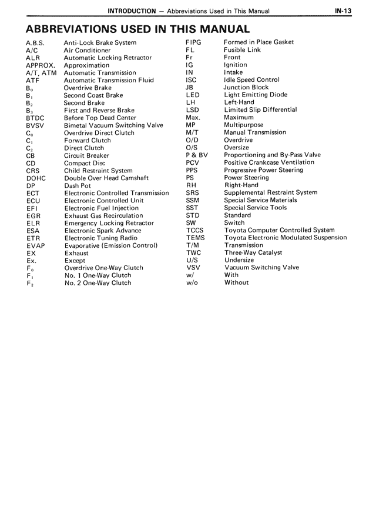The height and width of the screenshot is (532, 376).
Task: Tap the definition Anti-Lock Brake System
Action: tap(100, 43)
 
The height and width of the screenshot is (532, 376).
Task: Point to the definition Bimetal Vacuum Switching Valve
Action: tap(113, 125)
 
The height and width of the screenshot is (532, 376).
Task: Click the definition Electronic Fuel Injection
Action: tap(102, 208)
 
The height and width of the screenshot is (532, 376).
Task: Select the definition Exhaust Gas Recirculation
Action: tap(103, 216)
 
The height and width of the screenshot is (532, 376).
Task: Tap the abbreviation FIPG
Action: tap(193, 42)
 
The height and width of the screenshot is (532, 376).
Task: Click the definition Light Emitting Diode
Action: tap(256, 95)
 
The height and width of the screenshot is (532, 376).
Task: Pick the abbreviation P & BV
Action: tap(197, 155)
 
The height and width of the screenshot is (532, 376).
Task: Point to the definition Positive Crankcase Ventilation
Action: tap(269, 162)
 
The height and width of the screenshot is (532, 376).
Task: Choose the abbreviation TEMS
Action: tap(196, 238)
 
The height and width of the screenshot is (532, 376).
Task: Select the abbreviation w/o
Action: tap(192, 282)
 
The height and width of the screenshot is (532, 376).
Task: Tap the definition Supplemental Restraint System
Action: tap(271, 192)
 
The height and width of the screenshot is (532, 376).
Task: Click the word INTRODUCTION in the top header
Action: tap(131, 11)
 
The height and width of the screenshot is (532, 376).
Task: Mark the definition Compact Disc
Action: tap(85, 163)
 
